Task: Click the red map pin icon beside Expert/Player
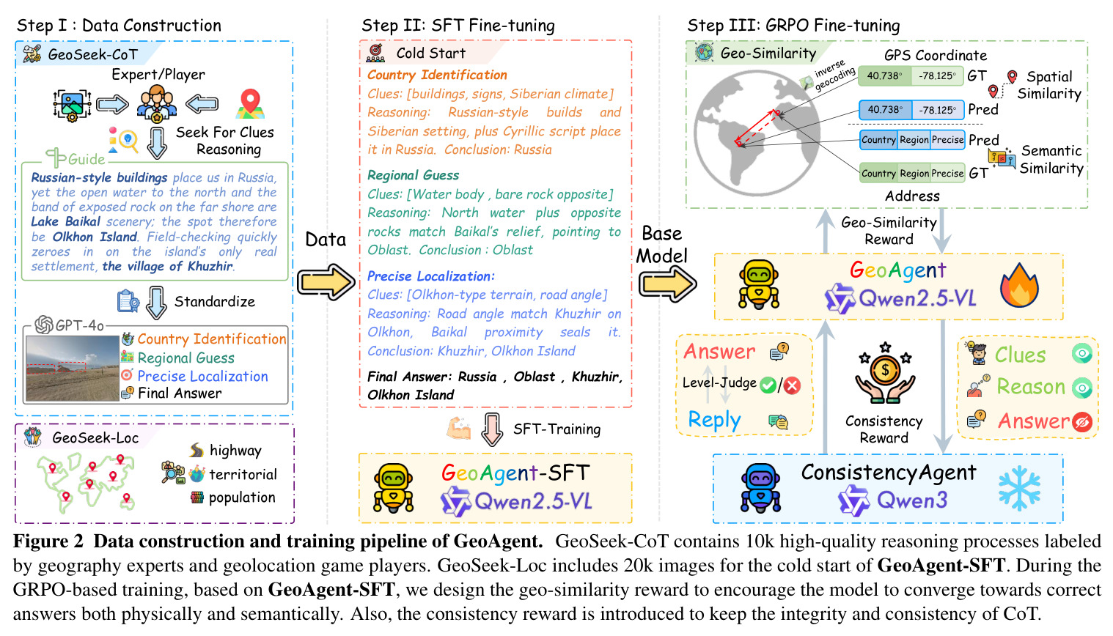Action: (250, 104)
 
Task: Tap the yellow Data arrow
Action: (326, 282)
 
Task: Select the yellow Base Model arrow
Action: (667, 284)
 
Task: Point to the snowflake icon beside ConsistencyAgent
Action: (1020, 487)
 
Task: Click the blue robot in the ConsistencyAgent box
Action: (760, 488)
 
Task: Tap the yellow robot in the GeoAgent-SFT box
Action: (394, 488)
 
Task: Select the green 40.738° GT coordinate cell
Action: (885, 76)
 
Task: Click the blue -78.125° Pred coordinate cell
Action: (937, 110)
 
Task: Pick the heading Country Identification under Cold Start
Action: (437, 75)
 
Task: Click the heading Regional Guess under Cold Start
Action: (413, 175)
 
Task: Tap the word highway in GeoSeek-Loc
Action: (235, 451)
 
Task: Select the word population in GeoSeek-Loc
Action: (242, 498)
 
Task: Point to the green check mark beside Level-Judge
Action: (768, 385)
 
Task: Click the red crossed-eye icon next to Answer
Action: (1081, 421)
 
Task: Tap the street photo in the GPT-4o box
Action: (73, 369)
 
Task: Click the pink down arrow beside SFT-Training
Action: (492, 429)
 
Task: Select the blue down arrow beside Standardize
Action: (156, 303)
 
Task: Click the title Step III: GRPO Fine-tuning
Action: (793, 26)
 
